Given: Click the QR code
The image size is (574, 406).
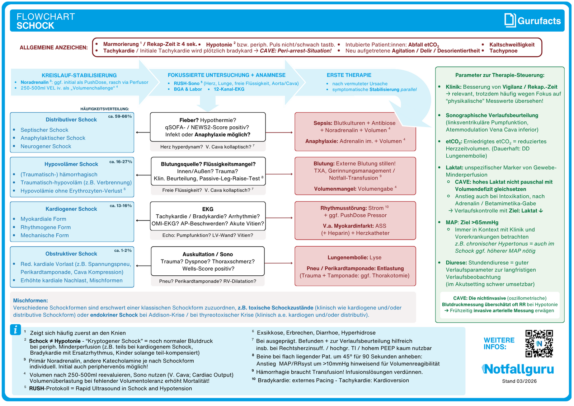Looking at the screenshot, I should [x=539, y=344].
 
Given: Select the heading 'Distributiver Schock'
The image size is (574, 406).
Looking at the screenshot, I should [x=71, y=120].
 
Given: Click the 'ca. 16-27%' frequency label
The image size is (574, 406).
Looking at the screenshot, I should [x=121, y=162].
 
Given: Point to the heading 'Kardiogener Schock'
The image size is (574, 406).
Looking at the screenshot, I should [x=71, y=209].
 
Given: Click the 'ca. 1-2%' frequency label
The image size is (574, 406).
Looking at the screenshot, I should [x=123, y=250].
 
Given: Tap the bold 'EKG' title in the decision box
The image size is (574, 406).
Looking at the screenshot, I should [x=208, y=209].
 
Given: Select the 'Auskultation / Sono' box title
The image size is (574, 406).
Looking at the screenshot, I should [x=208, y=254].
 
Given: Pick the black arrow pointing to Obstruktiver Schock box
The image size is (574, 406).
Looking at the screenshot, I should [x=143, y=266].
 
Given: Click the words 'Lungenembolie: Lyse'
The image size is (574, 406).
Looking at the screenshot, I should [x=354, y=257].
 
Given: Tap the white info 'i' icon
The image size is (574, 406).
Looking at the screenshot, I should [x=15, y=330].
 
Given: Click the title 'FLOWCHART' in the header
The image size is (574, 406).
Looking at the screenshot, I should [x=46, y=17].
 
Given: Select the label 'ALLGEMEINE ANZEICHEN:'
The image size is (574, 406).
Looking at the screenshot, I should [x=53, y=47].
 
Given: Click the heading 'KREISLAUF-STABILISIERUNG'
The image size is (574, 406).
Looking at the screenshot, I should [x=79, y=75].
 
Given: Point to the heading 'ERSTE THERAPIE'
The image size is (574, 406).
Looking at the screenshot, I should [x=349, y=75].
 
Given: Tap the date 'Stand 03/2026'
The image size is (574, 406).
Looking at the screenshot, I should [x=519, y=381].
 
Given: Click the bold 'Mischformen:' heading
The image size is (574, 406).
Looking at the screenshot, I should [x=30, y=300].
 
